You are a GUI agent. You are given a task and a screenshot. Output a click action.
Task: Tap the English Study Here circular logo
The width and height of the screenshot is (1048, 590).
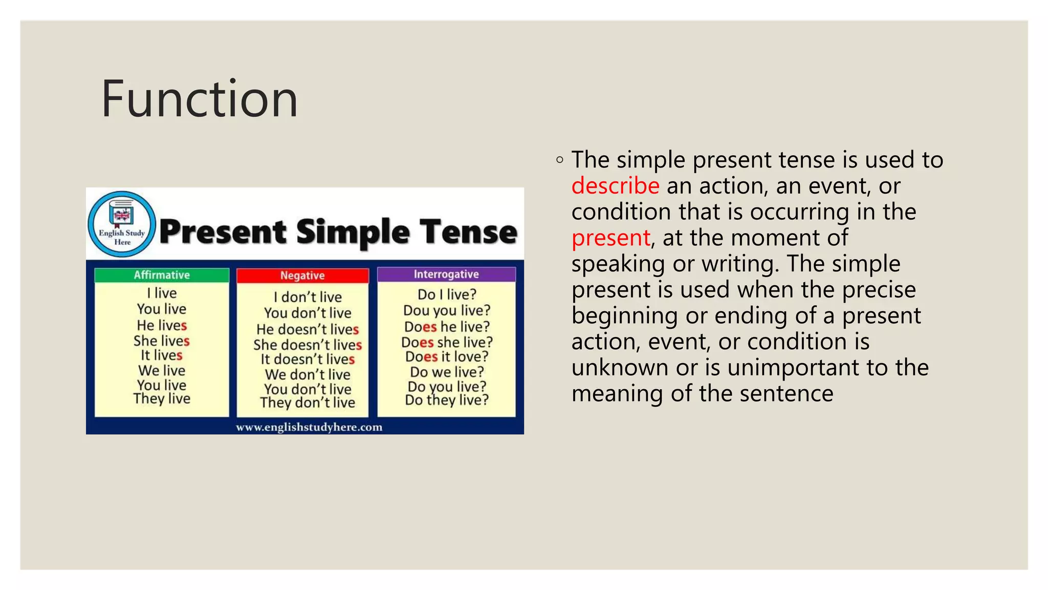pyautogui.click(x=122, y=224)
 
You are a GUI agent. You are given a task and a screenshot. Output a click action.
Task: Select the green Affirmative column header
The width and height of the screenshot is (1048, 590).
pyautogui.click(x=162, y=275)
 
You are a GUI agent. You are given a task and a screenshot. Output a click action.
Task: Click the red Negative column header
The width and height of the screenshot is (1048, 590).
pyautogui.click(x=302, y=276)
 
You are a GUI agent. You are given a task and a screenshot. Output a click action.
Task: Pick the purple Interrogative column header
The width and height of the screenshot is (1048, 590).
pyautogui.click(x=446, y=275)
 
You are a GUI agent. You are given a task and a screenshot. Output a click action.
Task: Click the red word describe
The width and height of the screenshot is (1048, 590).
pyautogui.click(x=615, y=186)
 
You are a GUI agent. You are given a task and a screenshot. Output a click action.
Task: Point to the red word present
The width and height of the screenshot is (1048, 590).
pyautogui.click(x=610, y=238)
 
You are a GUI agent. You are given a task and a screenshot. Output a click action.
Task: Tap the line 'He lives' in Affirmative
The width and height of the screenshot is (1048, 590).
pyautogui.click(x=162, y=325)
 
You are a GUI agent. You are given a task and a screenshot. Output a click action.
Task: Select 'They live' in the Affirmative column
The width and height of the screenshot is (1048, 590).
pyautogui.click(x=162, y=398)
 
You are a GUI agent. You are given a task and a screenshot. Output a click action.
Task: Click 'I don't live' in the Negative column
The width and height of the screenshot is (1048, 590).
pyautogui.click(x=308, y=297)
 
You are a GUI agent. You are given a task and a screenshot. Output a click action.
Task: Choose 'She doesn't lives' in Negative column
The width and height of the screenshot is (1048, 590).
pyautogui.click(x=308, y=345)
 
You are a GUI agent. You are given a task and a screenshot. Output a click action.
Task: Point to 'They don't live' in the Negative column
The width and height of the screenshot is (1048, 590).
pyautogui.click(x=308, y=403)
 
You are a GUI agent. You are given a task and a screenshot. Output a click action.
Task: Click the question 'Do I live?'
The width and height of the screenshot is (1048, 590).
pyautogui.click(x=447, y=294)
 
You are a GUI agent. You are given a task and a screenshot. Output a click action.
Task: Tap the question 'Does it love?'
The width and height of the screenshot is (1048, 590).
pyautogui.click(x=447, y=356)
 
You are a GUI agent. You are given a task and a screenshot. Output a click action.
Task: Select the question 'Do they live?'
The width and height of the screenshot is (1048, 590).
pyautogui.click(x=447, y=400)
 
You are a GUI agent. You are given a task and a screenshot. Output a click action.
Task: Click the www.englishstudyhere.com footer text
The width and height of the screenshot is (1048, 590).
pyautogui.click(x=309, y=427)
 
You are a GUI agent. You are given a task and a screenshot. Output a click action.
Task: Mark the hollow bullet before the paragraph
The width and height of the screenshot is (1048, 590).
pyautogui.click(x=560, y=160)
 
